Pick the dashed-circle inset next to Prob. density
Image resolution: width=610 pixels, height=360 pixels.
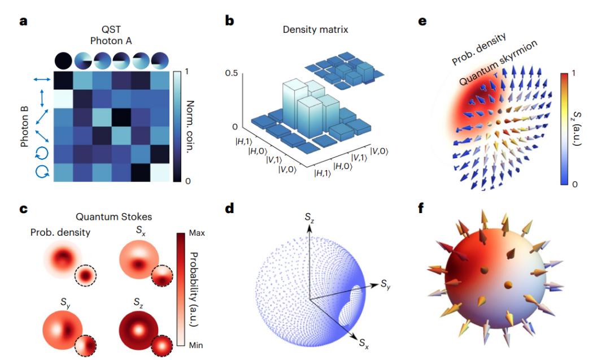(x=85, y=276)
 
